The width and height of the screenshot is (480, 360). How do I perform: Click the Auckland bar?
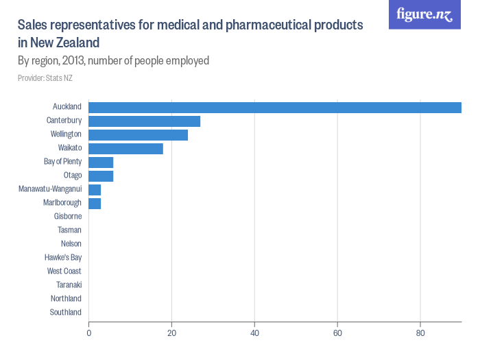coord(274,107)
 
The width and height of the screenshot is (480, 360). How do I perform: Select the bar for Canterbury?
coord(144,121)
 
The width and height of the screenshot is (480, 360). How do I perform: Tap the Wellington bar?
coord(138,134)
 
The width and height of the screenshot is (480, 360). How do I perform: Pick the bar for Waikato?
coord(125,148)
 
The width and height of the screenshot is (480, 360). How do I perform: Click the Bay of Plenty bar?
coord(101,162)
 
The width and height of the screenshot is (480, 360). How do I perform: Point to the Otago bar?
coord(101,176)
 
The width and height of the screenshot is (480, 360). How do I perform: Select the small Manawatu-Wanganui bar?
coord(95,189)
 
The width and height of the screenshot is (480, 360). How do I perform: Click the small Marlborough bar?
coord(95,203)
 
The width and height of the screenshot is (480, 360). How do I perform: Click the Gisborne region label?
coord(68,217)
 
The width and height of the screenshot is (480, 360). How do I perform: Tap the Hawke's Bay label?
coord(63,258)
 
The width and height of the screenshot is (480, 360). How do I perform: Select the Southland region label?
coord(66,313)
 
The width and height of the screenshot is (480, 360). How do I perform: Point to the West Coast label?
coord(64,272)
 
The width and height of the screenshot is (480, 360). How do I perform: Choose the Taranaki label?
coord(69,285)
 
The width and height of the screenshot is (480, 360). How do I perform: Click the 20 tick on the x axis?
coord(171,333)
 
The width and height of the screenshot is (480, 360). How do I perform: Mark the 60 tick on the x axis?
coord(337,333)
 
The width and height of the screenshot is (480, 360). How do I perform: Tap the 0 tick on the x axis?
coord(88,333)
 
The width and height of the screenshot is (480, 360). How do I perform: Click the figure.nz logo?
coord(424,15)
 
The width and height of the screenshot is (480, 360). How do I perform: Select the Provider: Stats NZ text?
coord(45,78)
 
